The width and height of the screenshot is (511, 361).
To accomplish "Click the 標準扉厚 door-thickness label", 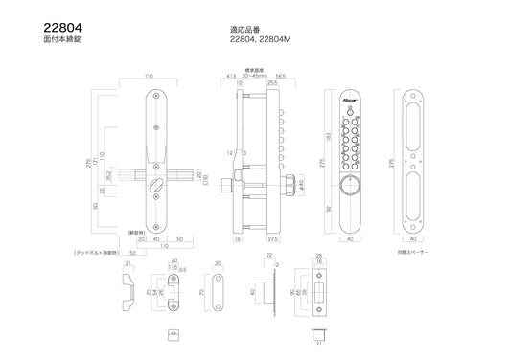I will [253, 71].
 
